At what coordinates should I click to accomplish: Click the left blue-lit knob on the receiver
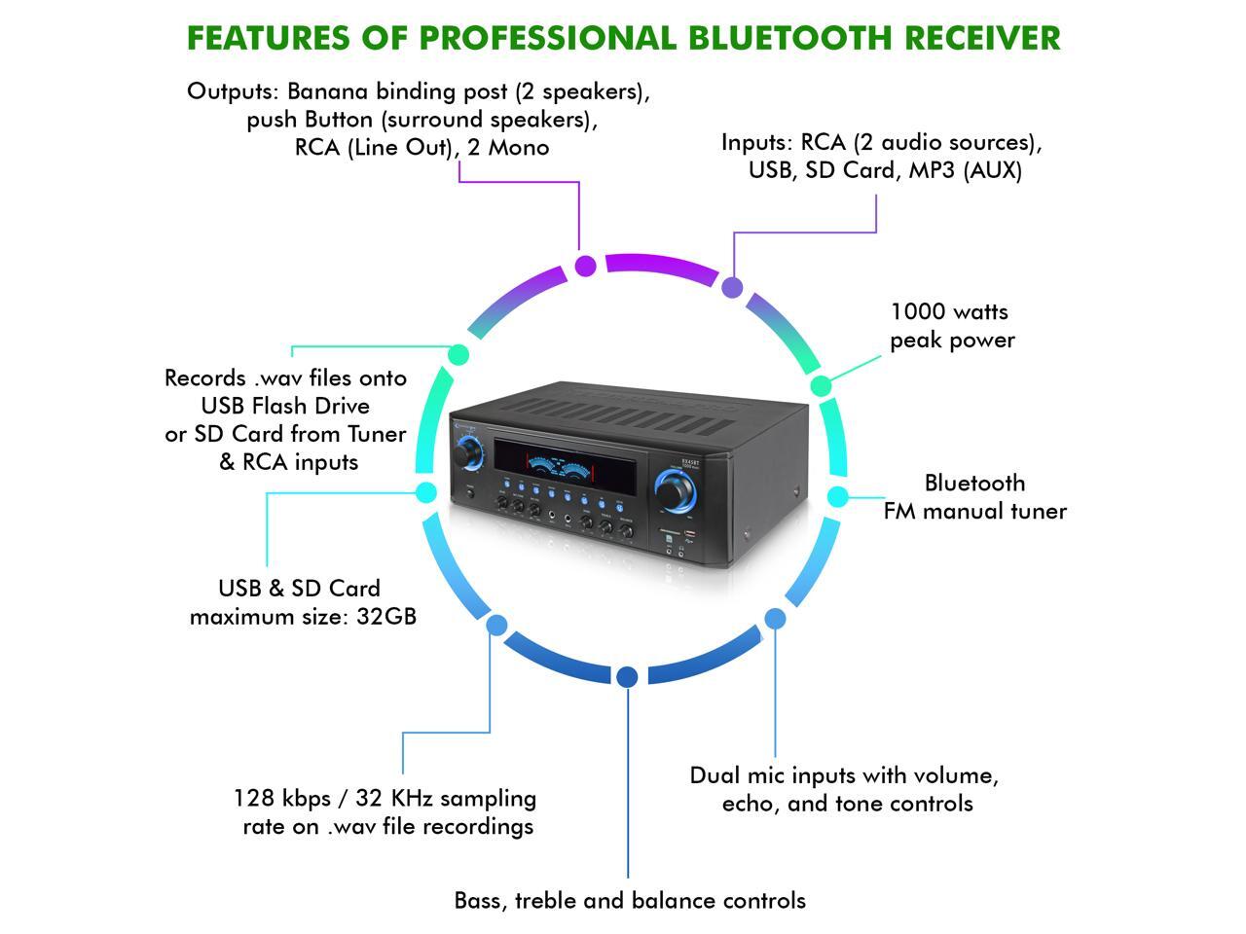pyautogui.click(x=467, y=453)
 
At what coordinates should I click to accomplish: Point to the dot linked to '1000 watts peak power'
pyautogui.click(x=822, y=385)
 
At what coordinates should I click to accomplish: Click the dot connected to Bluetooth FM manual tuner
pyautogui.click(x=838, y=496)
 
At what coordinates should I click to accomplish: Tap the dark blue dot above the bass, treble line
pyautogui.click(x=628, y=676)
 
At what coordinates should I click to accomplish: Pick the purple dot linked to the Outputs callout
pyautogui.click(x=586, y=266)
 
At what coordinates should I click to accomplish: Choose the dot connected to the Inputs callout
pyautogui.click(x=732, y=288)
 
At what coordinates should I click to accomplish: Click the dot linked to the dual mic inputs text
pyautogui.click(x=775, y=618)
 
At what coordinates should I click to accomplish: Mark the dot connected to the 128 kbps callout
pyautogui.click(x=496, y=624)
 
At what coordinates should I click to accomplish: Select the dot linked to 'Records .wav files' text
pyautogui.click(x=458, y=354)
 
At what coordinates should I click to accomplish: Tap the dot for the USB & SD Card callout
pyautogui.click(x=426, y=492)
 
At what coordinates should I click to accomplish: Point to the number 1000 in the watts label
pyautogui.click(x=917, y=311)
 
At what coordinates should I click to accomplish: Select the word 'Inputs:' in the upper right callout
pyautogui.click(x=757, y=142)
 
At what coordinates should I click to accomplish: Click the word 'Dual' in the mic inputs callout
pyautogui.click(x=714, y=775)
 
